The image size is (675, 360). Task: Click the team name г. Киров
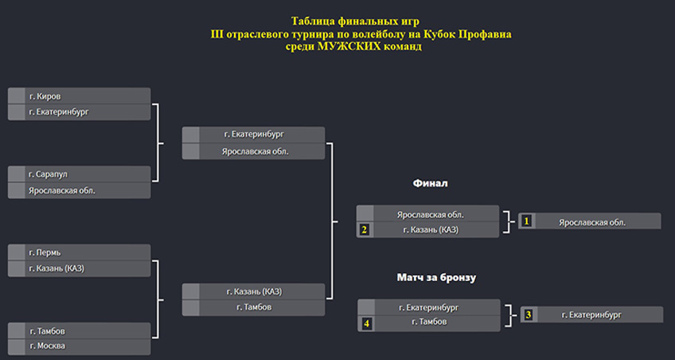42,96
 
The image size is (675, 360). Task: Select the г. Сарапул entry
49,174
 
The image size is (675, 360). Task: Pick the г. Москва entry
47,346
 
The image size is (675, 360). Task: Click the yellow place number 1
527,221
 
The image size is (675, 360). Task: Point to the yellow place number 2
365,230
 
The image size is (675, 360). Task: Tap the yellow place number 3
529,315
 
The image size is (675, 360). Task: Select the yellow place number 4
366,324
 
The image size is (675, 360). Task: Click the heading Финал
430,183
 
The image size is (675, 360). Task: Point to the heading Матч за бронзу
436,278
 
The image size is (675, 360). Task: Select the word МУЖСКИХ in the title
349,46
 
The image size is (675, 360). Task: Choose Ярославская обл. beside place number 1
592,223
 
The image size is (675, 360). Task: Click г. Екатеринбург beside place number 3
591,315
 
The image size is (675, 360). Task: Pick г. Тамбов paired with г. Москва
47,331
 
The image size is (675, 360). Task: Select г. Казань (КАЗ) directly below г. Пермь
57,268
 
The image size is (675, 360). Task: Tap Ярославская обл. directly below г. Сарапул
62,190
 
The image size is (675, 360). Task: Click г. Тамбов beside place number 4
429,322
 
